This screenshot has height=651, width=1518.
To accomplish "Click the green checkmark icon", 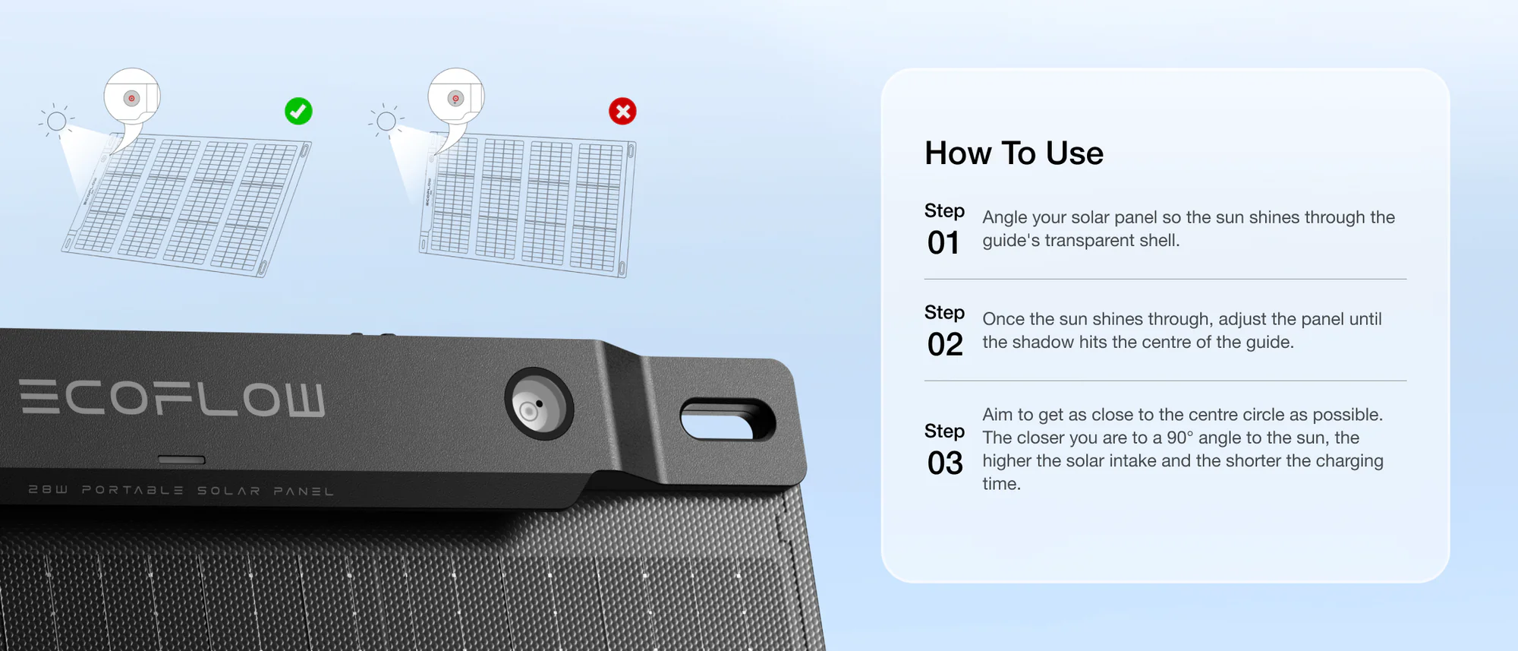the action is coord(298,111).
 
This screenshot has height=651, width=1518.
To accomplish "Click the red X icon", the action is coord(622,111).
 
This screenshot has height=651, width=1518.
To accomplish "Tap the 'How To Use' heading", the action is coord(1014,153).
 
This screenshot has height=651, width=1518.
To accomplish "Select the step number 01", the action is coord(943,243).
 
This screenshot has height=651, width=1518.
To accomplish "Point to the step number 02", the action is coord(945,345).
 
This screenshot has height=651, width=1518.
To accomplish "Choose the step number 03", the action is coord(945,463).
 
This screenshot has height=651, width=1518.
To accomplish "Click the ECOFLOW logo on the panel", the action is coord(172,398).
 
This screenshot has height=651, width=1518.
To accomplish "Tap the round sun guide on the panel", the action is coord(539,403).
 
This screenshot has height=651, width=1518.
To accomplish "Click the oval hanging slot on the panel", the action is coord(727,419).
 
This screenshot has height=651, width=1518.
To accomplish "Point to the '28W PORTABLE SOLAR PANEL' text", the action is coord(181,490).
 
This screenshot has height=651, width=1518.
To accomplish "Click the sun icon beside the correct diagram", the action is coord(57,121).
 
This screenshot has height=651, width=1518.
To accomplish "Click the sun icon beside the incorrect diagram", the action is coord(386,121).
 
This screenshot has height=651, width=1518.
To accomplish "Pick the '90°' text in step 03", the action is coord(1180,438).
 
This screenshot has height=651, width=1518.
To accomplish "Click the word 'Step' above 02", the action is coord(944,313).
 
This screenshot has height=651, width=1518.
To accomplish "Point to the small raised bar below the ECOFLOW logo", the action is coord(181,460).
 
